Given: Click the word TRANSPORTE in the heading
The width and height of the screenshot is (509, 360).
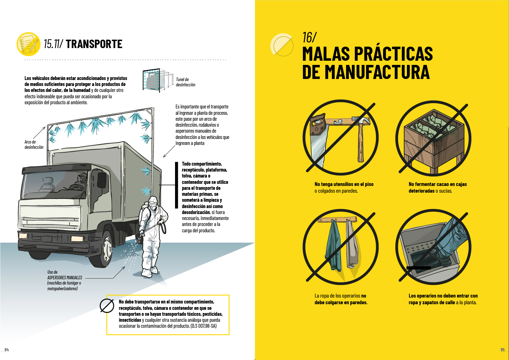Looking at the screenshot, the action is click(x=94, y=44).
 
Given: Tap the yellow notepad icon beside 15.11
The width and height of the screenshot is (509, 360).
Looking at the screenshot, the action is click(x=28, y=44).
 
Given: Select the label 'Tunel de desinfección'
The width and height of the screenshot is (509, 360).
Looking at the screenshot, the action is click(x=186, y=82).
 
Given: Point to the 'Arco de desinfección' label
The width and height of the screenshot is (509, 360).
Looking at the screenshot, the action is click(x=34, y=145).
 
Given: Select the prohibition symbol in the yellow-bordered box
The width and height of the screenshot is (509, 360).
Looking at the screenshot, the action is click(x=107, y=306).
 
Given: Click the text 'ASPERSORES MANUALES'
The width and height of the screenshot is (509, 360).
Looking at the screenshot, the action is click(x=65, y=278).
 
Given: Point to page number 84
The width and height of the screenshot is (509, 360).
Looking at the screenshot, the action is click(x=7, y=349).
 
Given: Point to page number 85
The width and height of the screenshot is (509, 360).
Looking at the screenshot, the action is click(x=503, y=349).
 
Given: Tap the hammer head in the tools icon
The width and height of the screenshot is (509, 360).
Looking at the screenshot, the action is click(x=361, y=120).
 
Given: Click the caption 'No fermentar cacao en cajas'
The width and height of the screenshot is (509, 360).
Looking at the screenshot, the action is click(x=438, y=184).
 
